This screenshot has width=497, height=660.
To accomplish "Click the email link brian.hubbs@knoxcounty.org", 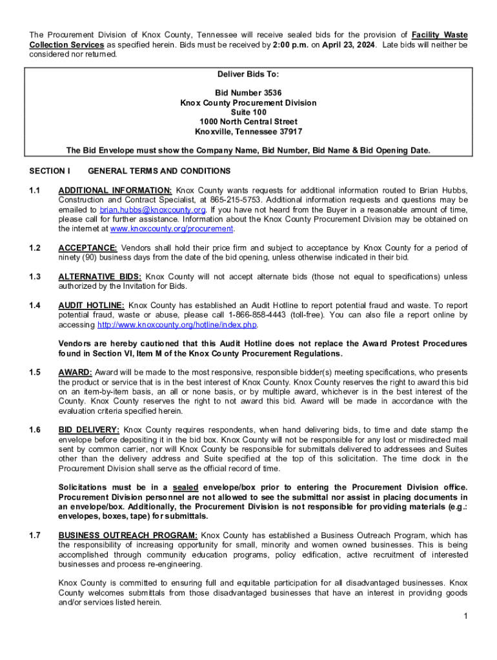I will (152, 209).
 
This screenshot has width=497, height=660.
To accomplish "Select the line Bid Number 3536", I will (249, 93).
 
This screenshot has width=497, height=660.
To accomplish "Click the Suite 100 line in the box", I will (249, 112).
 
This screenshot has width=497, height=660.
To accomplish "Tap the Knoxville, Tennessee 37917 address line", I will (249, 131).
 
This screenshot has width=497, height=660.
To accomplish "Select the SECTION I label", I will (50, 171).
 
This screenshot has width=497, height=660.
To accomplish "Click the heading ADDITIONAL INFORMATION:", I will (115, 190).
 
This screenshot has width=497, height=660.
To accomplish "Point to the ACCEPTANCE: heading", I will (87, 247).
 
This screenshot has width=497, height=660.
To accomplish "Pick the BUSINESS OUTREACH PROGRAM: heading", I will (128, 535).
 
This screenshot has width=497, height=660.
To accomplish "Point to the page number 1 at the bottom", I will (465, 617).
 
